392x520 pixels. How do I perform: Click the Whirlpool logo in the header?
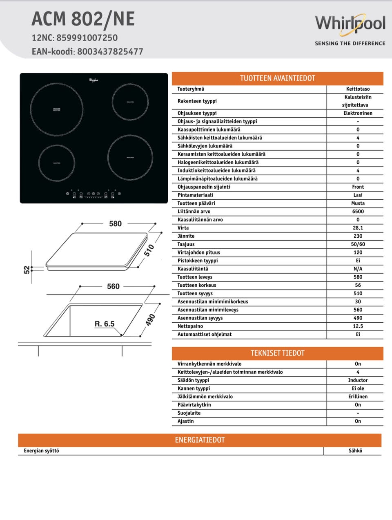pos(350,24)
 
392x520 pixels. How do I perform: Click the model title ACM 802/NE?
pos(83,19)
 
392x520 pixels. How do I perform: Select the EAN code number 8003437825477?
pos(110,52)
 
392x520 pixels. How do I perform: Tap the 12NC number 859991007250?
pos(87,38)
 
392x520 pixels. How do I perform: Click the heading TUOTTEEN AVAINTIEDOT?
pos(277,78)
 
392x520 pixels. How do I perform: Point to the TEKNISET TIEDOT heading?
pos(277,353)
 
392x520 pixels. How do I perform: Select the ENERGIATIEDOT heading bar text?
pos(200,440)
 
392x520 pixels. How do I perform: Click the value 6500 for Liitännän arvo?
pos(358,212)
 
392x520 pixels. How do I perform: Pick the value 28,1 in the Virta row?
pos(358,228)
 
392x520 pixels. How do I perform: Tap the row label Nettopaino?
pos(190,326)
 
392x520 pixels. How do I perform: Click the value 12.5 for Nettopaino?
pos(358,326)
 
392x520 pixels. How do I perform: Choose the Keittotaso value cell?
pos(358,89)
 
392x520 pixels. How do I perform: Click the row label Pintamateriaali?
pos(195,195)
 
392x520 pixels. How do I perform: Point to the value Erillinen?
pos(358,397)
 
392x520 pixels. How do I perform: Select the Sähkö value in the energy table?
pos(355,451)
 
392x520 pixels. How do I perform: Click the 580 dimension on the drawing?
pos(115,224)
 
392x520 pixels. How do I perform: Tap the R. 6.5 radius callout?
pos(105,324)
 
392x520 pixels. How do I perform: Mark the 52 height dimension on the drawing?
pos(27,270)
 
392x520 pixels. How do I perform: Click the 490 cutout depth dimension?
pos(150,319)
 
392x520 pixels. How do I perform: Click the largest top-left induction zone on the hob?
pos(57,110)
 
